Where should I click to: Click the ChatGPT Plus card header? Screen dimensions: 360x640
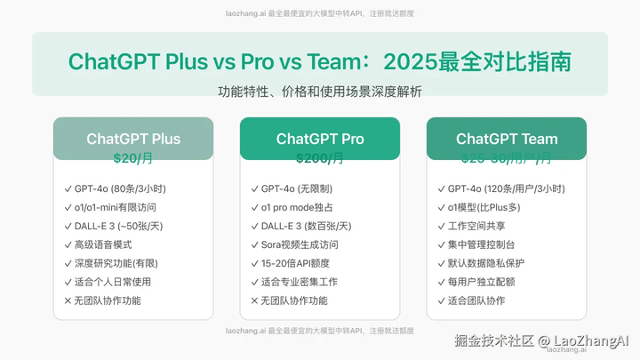tap(133, 139)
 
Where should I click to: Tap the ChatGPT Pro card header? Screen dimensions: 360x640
tap(320, 139)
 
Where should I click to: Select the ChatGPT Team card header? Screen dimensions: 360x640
tap(507, 139)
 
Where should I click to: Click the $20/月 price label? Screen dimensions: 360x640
tap(133, 159)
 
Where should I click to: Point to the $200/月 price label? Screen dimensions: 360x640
tap(320, 159)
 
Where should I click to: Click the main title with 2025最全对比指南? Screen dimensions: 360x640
tap(320, 62)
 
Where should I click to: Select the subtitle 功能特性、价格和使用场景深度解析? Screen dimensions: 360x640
tap(320, 92)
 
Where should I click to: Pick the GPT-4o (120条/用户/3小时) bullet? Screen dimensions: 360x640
tap(500, 188)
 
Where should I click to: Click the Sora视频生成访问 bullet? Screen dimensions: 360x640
tap(300, 244)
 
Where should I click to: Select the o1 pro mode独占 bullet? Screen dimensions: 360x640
tap(298, 207)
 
